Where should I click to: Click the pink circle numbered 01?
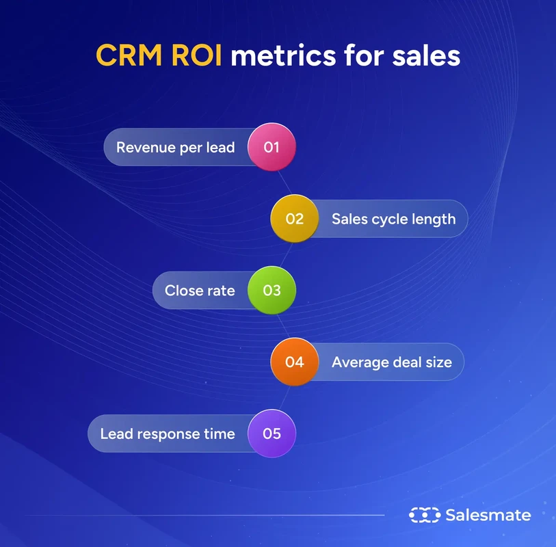pos(272,147)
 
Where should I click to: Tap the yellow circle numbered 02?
pos(294,219)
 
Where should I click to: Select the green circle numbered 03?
pos(272,290)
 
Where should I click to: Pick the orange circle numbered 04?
pos(294,361)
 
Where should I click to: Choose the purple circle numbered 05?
pos(272,433)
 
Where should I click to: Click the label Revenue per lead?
pos(176,147)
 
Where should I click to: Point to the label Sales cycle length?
pos(393,219)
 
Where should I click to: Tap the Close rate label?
pos(200,290)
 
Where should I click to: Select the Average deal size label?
pos(392,362)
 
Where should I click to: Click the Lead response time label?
pos(168,433)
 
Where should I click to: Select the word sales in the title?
pos(426,55)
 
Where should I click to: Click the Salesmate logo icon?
pos(424,515)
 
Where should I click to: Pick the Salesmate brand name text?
pos(488,515)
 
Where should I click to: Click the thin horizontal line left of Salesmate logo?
pos(205,515)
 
